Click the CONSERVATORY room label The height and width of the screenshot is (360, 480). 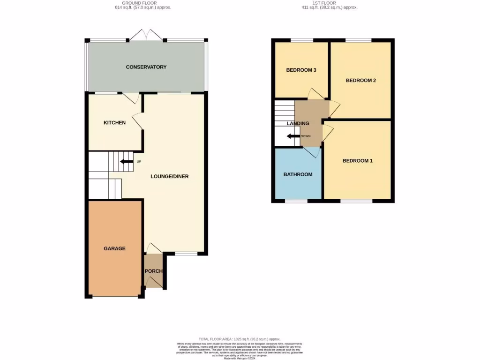click(146, 67)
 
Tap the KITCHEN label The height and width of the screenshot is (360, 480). click(114, 123)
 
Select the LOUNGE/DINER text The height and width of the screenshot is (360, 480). click(169, 177)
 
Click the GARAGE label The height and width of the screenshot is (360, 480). click(114, 248)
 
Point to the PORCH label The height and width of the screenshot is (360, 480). click(153, 271)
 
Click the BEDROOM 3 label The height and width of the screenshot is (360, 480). click(301, 70)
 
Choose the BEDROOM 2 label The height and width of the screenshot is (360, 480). click(360, 81)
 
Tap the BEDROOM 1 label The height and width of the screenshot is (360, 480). click(357, 161)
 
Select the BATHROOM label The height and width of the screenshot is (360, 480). click(298, 175)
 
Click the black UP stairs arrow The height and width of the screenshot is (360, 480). click(126, 162)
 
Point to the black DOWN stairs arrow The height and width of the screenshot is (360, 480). click(293, 136)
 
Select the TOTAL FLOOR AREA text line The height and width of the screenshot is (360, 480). click(240, 339)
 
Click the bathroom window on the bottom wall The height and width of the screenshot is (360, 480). click(296, 201)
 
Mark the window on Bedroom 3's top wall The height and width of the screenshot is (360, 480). click(302, 40)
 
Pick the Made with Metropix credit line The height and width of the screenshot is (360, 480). click(240, 358)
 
